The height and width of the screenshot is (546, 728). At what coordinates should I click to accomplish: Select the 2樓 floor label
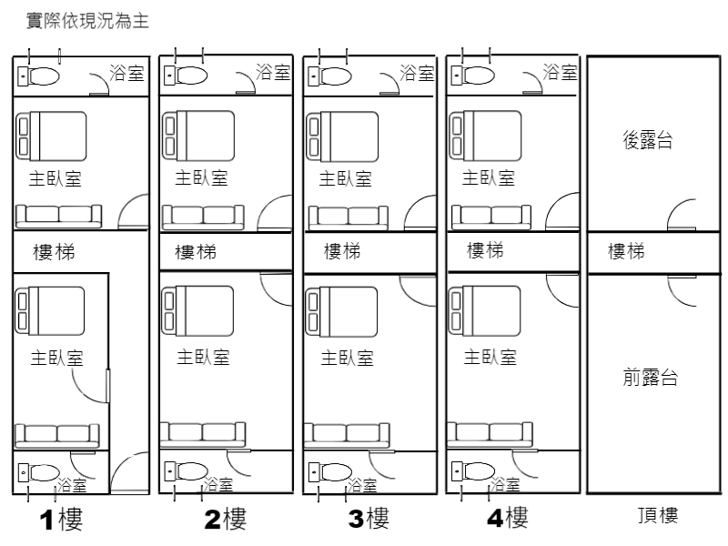pyautogui.click(x=225, y=520)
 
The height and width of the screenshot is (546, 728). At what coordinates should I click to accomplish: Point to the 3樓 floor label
pyautogui.click(x=369, y=520)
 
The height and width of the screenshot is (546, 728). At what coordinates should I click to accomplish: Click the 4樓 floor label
pyautogui.click(x=507, y=518)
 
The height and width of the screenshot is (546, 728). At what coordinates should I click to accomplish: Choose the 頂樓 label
pyautogui.click(x=657, y=517)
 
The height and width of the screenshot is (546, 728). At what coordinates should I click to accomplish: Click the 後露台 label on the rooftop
pyautogui.click(x=648, y=141)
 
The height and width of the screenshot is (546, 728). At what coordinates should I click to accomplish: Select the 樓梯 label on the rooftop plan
pyautogui.click(x=626, y=251)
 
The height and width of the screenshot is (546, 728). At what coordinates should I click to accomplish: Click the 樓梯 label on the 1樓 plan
pyautogui.click(x=53, y=252)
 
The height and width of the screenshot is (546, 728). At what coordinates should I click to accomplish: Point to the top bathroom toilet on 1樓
pyautogui.click(x=39, y=77)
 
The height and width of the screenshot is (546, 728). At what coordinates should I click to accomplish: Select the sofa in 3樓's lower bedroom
pyautogui.click(x=347, y=434)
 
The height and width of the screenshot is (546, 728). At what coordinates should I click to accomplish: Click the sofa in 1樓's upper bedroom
pyautogui.click(x=58, y=216)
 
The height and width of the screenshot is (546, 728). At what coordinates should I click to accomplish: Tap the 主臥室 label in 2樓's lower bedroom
pyautogui.click(x=202, y=358)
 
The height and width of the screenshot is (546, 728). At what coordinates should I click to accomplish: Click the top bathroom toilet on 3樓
pyautogui.click(x=329, y=77)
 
